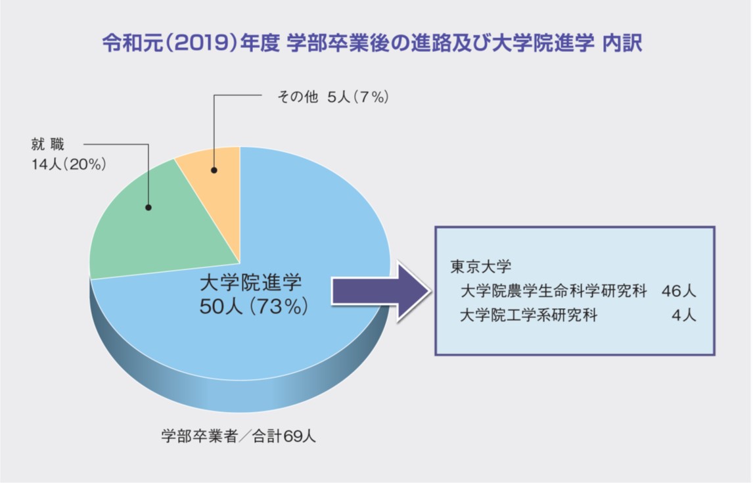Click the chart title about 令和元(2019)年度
pos(372,43)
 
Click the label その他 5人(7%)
pos(333,97)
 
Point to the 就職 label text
pos(47,144)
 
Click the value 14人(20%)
pos(69,165)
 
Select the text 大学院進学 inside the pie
pos(251,283)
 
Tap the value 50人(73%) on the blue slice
pos(254,306)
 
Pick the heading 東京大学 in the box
pos(481,266)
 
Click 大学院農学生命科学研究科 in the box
pos(554,291)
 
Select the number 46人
pos(679,291)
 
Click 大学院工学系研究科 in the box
pos(529,315)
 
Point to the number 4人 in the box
pos(684,315)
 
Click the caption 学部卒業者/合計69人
pos(239,436)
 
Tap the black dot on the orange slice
pos(214,170)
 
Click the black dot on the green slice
pos(148,208)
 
